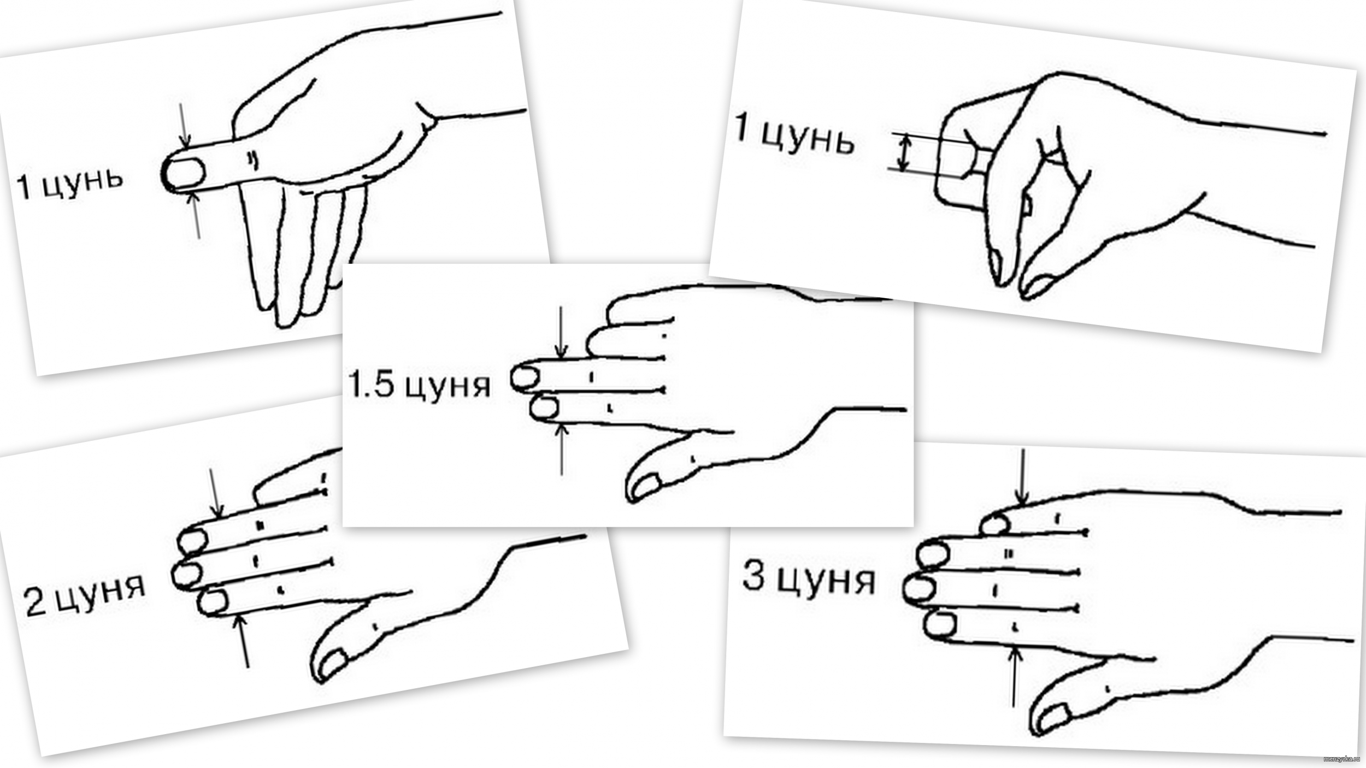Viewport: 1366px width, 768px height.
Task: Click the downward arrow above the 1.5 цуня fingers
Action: (561, 332)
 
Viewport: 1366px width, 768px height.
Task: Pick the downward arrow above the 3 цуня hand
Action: (1022, 477)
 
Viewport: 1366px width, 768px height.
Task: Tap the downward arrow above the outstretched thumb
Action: (184, 124)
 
